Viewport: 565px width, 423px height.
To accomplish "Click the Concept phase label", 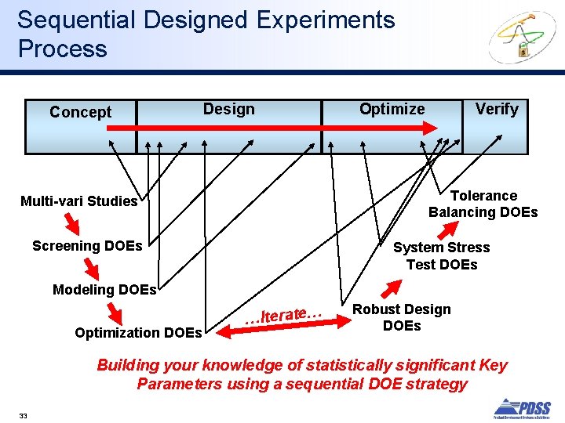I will [80, 112].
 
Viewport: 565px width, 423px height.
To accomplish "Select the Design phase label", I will [228, 109].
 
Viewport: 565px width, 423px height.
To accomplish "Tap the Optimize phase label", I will [392, 109].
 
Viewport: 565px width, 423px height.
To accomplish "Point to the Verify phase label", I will [497, 109].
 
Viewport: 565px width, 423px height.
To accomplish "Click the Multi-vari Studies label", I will [78, 201].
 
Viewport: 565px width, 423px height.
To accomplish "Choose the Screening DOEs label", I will [87, 246].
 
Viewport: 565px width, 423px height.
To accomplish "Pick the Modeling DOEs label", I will [104, 290].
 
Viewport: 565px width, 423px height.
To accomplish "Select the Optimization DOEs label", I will [138, 333].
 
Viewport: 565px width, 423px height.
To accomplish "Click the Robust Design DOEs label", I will [402, 317].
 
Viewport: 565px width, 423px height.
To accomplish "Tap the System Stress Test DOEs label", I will [441, 256].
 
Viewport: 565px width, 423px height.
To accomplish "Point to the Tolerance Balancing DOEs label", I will [483, 204].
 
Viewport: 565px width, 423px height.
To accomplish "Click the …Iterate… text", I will [284, 316].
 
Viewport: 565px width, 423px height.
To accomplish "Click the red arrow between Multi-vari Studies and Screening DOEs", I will [71, 225].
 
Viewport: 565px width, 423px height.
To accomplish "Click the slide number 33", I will [23, 415].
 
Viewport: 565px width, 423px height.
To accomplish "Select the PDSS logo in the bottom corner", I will [522, 407].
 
